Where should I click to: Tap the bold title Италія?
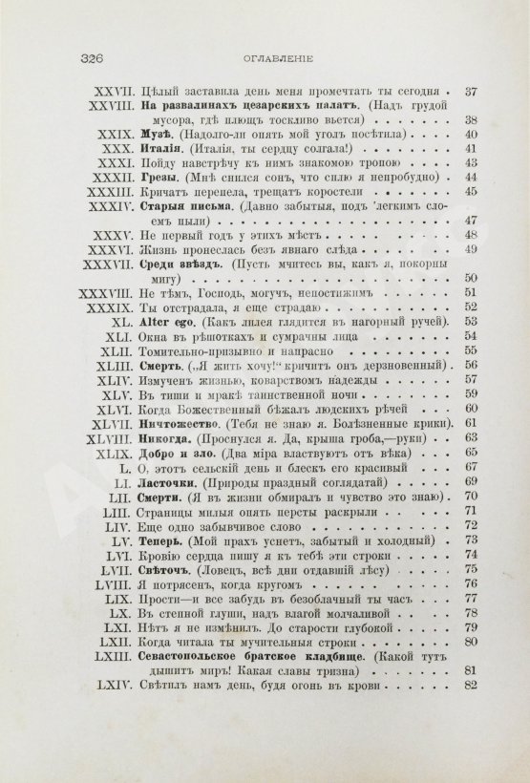click(x=156, y=149)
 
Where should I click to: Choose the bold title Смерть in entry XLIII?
click(x=159, y=365)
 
